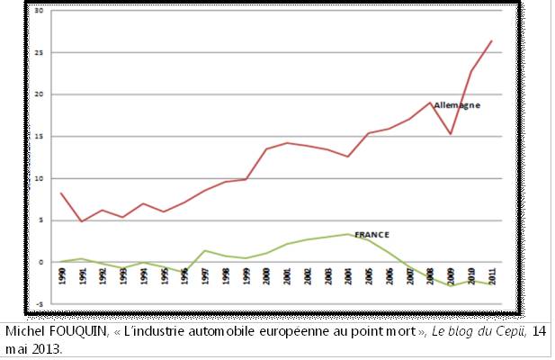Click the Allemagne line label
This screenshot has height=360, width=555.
click(457, 105)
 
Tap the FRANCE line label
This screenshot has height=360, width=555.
click(371, 234)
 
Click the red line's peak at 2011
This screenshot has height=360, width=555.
click(490, 40)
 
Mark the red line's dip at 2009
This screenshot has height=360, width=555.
click(450, 134)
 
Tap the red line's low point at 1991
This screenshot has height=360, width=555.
click(82, 221)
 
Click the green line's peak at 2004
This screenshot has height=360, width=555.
click(347, 234)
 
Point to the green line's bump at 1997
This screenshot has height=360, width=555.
click(204, 250)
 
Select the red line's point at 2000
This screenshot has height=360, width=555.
click(265, 148)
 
